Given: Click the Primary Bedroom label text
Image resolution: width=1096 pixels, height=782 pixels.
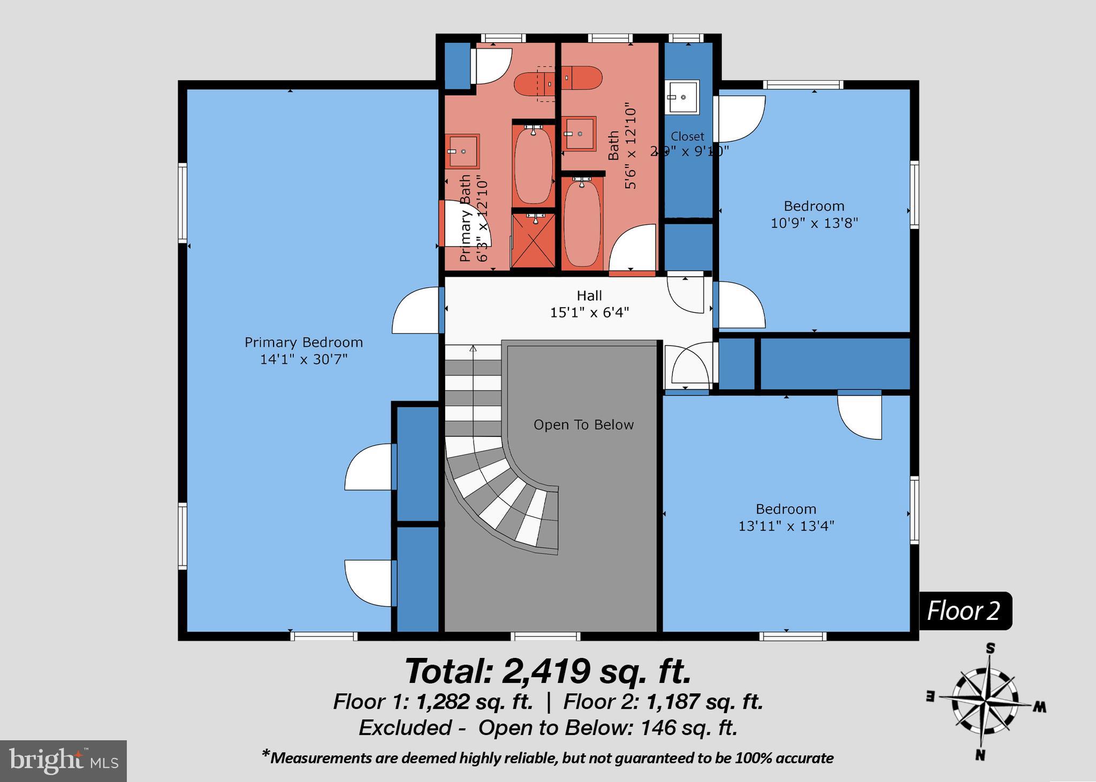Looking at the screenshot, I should [x=303, y=342].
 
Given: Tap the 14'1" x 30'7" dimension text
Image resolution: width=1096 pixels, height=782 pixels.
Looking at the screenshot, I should [x=303, y=359].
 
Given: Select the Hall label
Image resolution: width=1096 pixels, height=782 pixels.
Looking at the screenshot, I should [x=589, y=296].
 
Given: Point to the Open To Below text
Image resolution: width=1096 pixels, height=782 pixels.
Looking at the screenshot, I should [x=583, y=425].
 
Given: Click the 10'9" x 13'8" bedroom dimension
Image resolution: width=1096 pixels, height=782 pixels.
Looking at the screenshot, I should [x=814, y=223].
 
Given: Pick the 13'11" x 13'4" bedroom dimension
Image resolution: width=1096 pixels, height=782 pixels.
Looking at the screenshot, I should [x=786, y=526].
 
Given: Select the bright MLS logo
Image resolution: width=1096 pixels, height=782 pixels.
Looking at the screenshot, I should [x=63, y=761].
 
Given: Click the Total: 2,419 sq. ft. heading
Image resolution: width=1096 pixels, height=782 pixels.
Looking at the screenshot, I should [x=548, y=671].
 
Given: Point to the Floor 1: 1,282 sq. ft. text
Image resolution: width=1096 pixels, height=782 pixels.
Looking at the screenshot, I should [x=433, y=702].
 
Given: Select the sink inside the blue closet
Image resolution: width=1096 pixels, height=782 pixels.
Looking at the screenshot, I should [x=682, y=97].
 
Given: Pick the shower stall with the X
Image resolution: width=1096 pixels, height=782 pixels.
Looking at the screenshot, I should [x=533, y=240].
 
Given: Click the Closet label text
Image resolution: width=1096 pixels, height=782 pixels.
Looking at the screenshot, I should [x=687, y=136].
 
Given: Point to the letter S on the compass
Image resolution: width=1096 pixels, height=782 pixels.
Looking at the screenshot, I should [x=991, y=649].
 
